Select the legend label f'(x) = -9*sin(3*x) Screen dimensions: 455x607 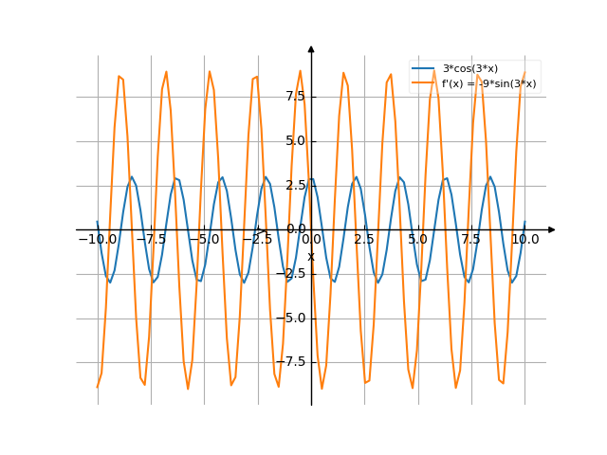(488, 83)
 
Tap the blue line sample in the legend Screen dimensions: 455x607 (423, 68)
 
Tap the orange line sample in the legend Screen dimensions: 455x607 (423, 83)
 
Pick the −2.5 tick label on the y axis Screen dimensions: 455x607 (289, 274)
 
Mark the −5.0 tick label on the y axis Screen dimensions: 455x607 (289, 318)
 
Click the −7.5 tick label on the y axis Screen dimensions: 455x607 (289, 362)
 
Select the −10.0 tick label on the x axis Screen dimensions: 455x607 (98, 240)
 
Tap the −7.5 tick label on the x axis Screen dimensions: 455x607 (151, 240)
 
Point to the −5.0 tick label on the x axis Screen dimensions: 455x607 (204, 240)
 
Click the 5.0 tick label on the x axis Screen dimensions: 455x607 (417, 240)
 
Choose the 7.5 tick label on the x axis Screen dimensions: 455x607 (471, 240)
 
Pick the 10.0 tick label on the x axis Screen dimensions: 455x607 (524, 240)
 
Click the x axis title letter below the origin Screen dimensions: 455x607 (311, 256)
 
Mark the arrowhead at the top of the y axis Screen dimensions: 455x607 (311, 48)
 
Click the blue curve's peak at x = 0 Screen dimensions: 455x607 (311, 177)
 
